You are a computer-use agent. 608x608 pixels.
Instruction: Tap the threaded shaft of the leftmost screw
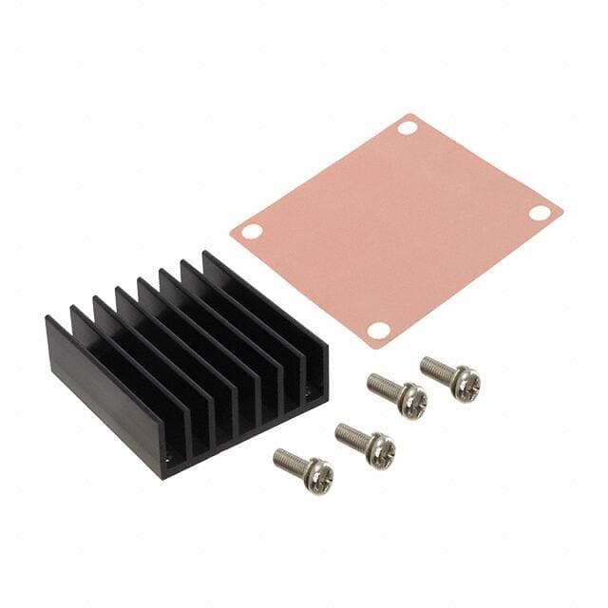pos(290,461)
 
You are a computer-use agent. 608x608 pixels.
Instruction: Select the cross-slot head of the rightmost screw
pos(465,384)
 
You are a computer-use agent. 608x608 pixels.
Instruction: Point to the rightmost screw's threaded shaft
pos(436,369)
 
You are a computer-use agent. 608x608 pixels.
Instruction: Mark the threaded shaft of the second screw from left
pos(351,436)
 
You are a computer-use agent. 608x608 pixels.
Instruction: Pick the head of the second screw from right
pos(411,400)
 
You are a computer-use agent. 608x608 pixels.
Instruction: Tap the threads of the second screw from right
pos(383,386)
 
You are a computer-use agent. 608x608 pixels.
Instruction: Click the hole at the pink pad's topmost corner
pos(408,127)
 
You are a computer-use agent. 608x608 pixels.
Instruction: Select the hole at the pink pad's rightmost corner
pos(539,213)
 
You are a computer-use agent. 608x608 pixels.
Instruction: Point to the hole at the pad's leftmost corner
pos(251,231)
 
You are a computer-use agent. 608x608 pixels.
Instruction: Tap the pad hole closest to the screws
pos(378,330)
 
